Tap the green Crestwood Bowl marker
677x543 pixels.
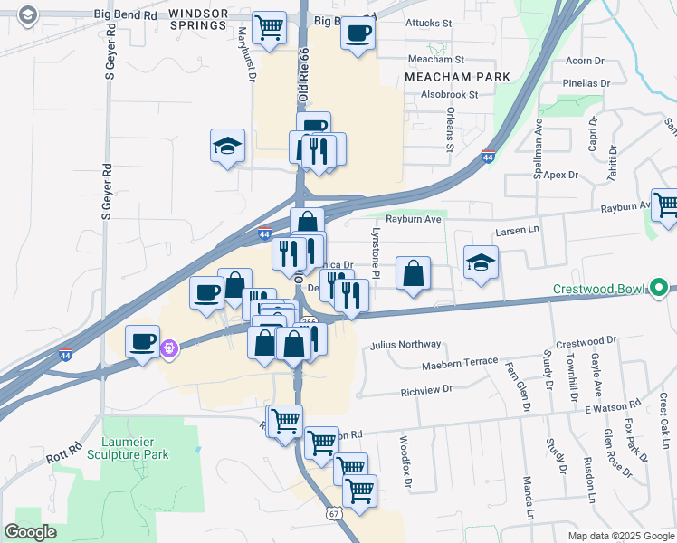click(660, 290)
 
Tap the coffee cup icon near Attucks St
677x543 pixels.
click(358, 34)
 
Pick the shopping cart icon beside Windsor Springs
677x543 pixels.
click(269, 29)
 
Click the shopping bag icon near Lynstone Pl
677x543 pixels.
click(413, 274)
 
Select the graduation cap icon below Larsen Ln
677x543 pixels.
click(482, 263)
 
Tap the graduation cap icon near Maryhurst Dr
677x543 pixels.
click(228, 145)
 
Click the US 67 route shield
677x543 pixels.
click(334, 513)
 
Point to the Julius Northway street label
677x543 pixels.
click(405, 345)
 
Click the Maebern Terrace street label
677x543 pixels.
click(460, 362)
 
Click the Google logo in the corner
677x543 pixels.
click(31, 532)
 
